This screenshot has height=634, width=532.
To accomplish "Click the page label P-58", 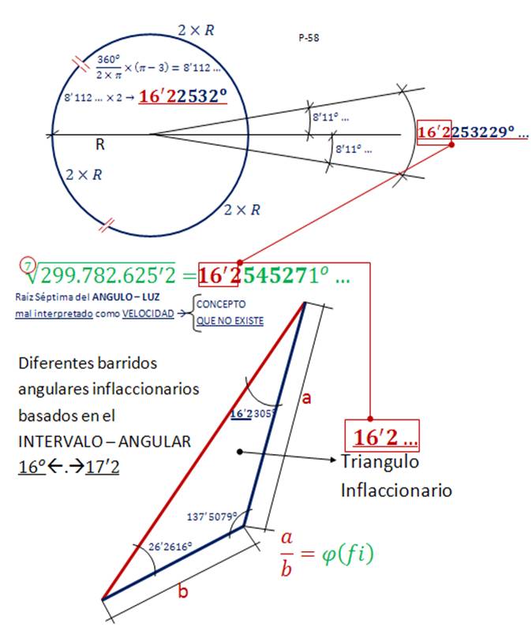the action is click(x=309, y=38).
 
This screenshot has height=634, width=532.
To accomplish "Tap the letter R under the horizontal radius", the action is click(x=100, y=144).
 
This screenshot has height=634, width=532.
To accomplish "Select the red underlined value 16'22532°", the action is click(x=182, y=96).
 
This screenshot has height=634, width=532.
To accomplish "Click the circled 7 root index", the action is click(x=28, y=266).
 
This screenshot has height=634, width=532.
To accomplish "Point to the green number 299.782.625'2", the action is click(x=108, y=275).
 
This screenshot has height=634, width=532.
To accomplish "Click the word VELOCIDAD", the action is click(x=148, y=313).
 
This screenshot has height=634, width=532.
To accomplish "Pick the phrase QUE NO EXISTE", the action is click(x=230, y=321).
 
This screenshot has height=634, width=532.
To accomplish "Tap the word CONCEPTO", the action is click(x=221, y=304).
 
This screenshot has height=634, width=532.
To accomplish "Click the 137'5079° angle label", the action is click(x=212, y=517).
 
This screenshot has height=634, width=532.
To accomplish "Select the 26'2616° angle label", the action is click(x=170, y=546).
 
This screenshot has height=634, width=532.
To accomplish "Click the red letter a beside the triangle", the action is click(x=306, y=398).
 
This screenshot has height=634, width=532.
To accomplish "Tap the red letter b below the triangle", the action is click(x=183, y=591).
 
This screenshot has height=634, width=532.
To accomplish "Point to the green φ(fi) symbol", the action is click(x=348, y=554).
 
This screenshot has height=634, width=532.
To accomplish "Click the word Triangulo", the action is click(x=380, y=461).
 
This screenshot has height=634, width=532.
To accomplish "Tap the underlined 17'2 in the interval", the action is click(x=103, y=467).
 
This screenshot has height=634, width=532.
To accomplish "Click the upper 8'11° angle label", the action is click(x=331, y=117).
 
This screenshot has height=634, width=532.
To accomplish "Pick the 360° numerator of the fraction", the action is click(x=108, y=59).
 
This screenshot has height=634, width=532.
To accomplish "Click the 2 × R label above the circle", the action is click(x=196, y=30).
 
